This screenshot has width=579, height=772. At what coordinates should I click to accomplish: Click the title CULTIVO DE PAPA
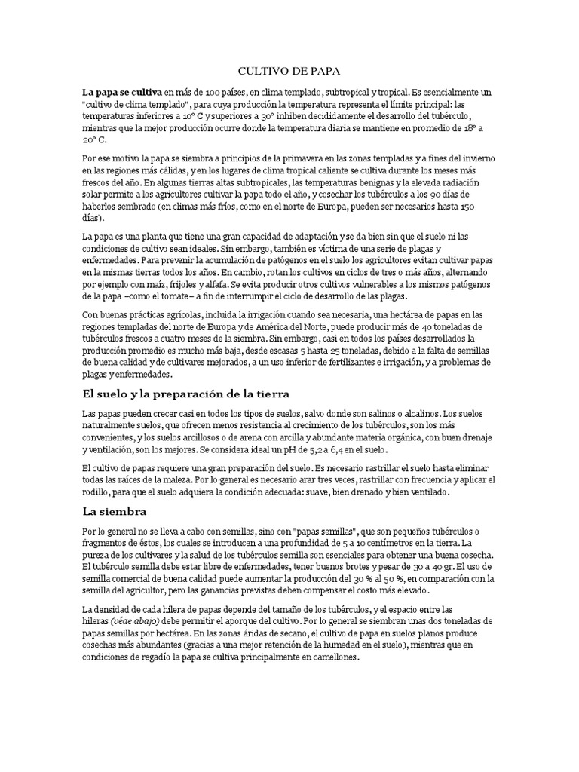(x=289, y=71)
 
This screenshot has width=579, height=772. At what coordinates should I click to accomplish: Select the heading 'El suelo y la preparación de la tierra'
(x=186, y=394)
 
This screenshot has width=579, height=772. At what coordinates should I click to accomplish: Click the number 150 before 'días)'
(x=467, y=206)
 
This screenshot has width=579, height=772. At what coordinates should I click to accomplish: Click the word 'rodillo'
(x=98, y=492)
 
